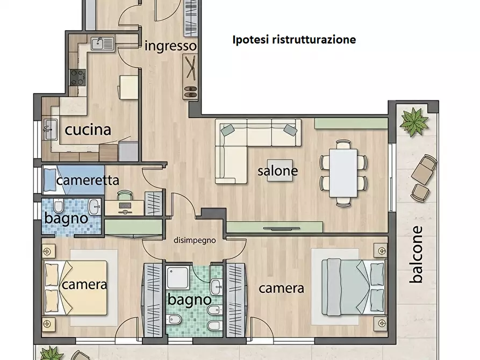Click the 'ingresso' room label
pos(170,46)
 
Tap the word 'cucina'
pos(88,130)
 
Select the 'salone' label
pos(278,170)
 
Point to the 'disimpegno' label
pos(195,241)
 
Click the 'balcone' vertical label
pos(417,254)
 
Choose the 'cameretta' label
pos(88,181)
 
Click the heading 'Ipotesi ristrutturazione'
pos(294,40)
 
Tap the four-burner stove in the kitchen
pos(77,77)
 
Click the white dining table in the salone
pos(343,173)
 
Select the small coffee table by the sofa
pos(280,170)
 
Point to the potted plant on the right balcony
pos(414,121)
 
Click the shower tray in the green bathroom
pos(177,277)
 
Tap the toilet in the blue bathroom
pos(58,206)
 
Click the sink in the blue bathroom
pos(94,206)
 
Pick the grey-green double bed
pos(353,287)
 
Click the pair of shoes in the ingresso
pos(190,92)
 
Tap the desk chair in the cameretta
pos(125,195)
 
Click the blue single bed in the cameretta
pos(74,179)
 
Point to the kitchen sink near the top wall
pos(102,43)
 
